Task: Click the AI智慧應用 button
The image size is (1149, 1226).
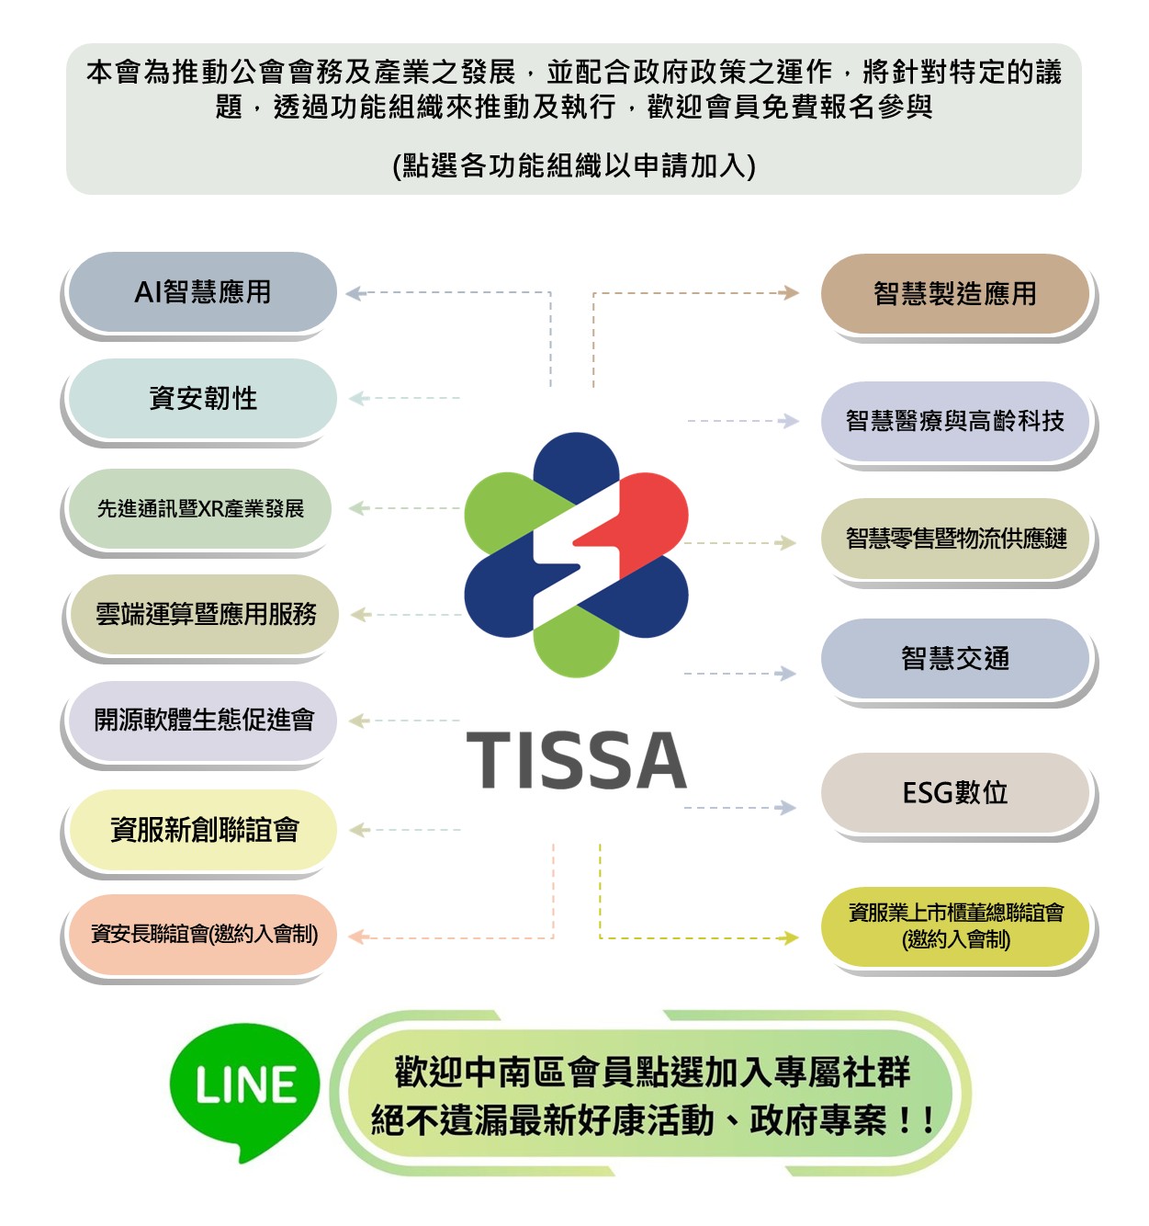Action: pyautogui.click(x=202, y=292)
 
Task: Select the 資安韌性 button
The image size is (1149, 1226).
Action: pyautogui.click(x=202, y=399)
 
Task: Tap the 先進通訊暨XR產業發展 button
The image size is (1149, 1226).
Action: pyautogui.click(x=200, y=508)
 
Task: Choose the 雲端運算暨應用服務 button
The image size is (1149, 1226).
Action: pyautogui.click(x=205, y=614)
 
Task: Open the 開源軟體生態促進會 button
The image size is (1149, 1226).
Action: pyautogui.click(x=203, y=720)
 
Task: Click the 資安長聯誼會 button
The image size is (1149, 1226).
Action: pyautogui.click(x=203, y=935)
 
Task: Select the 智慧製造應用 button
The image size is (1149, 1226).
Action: pyautogui.click(x=954, y=294)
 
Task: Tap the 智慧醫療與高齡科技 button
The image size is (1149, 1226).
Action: pyautogui.click(x=954, y=421)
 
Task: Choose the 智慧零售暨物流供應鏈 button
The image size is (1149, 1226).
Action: pyautogui.click(x=955, y=539)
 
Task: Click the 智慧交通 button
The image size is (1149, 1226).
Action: pyautogui.click(x=954, y=658)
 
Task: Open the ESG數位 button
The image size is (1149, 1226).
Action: pyautogui.click(x=954, y=792)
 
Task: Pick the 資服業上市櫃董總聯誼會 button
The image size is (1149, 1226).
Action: pyautogui.click(x=955, y=926)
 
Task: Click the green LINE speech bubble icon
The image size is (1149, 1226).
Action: pyautogui.click(x=245, y=1090)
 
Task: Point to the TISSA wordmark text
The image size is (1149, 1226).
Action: pyautogui.click(x=577, y=761)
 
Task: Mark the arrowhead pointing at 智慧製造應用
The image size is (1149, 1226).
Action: pyautogui.click(x=789, y=293)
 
